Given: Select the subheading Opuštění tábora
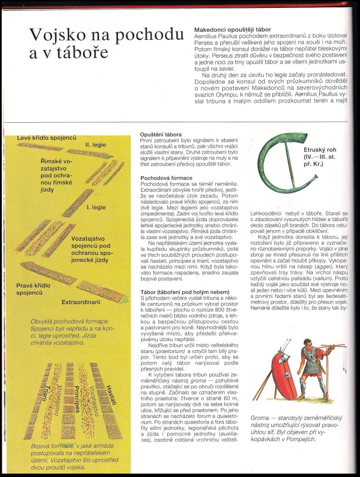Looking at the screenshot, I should pyautogui.click(x=161, y=135).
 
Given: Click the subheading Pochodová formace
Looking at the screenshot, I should pyautogui.click(x=165, y=177).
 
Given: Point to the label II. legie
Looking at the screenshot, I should pyautogui.click(x=95, y=145).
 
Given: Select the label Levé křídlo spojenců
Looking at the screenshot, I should pyautogui.click(x=46, y=137).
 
